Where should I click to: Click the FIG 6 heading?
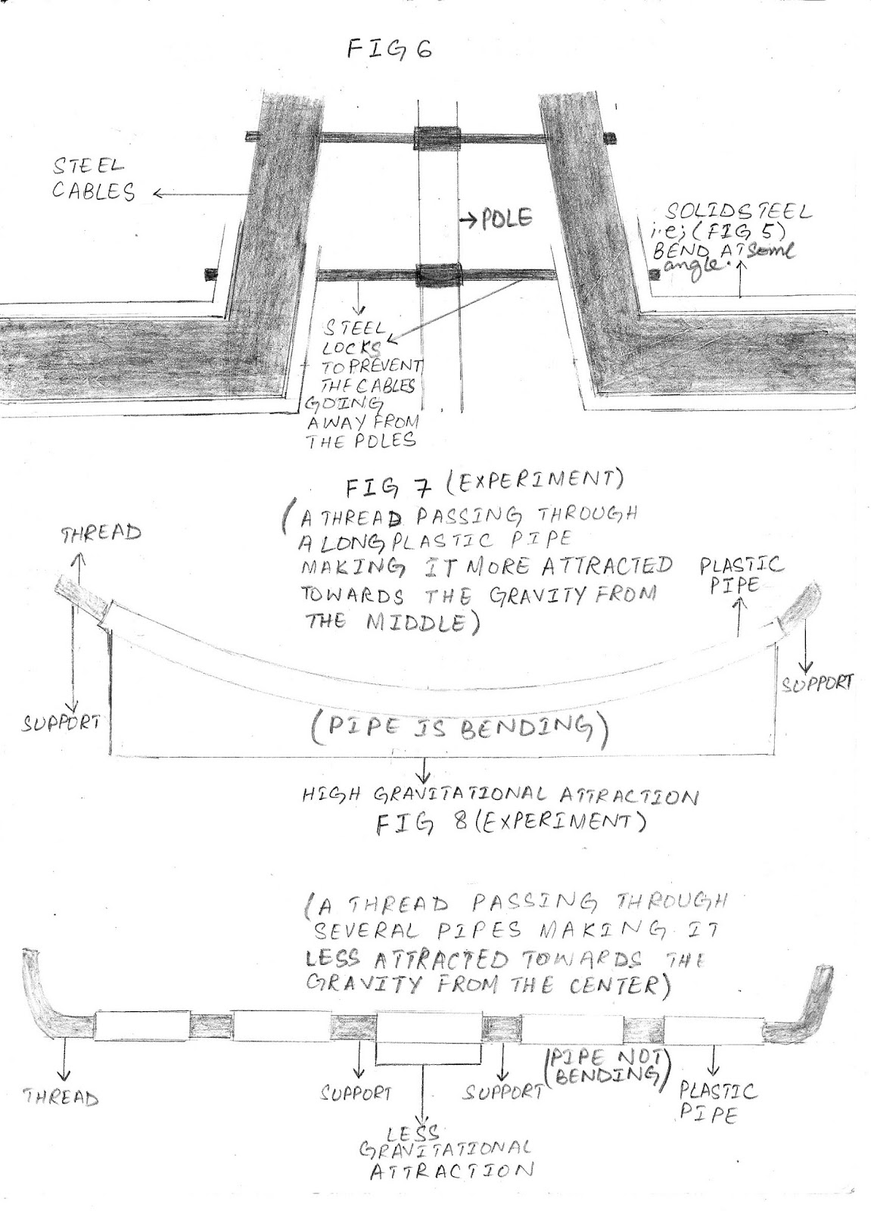click(390, 51)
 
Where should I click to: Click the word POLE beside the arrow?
click(505, 219)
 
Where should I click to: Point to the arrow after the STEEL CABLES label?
click(192, 195)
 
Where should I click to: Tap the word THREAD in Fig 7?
click(101, 532)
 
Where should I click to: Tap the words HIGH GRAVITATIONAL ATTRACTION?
click(499, 795)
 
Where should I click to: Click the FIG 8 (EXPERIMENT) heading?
click(511, 823)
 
